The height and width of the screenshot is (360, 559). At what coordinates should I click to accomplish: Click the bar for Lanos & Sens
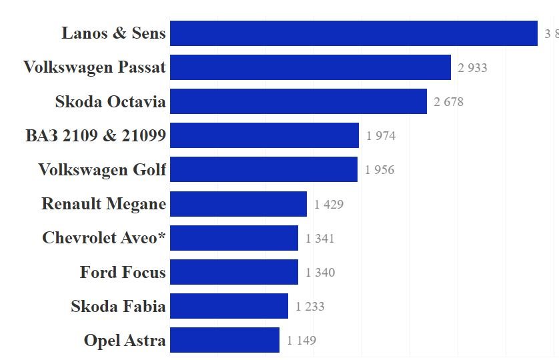tap(354, 33)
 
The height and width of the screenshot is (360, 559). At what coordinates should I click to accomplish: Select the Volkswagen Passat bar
tap(310, 67)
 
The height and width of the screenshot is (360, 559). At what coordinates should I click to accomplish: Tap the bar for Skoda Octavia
tap(298, 101)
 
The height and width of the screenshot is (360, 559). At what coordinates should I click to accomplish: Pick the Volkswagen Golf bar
tap(263, 169)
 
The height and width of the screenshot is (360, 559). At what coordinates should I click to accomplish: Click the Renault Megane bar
tap(238, 204)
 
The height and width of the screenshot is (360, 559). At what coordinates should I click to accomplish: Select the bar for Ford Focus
tap(233, 272)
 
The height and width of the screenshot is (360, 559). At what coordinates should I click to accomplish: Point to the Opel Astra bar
tap(224, 340)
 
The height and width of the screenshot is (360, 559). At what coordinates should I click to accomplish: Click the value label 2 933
tap(472, 68)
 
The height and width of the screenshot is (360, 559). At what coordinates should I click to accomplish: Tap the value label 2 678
tap(448, 102)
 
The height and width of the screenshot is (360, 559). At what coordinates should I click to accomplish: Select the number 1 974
tap(381, 136)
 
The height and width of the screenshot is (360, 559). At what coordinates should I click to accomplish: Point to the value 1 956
tap(380, 170)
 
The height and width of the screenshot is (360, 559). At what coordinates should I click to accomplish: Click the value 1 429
tap(329, 205)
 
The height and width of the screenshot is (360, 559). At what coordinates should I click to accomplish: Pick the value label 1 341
tap(320, 239)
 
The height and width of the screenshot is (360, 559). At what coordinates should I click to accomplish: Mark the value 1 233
tap(310, 307)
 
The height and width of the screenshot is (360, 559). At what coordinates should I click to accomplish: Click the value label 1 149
tap(302, 341)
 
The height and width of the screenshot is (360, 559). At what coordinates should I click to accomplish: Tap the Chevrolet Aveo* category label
tap(103, 238)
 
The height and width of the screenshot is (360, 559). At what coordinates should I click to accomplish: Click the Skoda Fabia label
tap(118, 307)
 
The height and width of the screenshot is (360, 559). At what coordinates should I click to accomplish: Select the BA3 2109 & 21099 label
tap(95, 136)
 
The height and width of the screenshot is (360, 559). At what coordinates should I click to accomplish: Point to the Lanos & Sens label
tap(113, 33)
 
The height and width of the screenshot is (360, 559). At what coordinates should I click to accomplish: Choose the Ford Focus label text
tap(123, 272)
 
